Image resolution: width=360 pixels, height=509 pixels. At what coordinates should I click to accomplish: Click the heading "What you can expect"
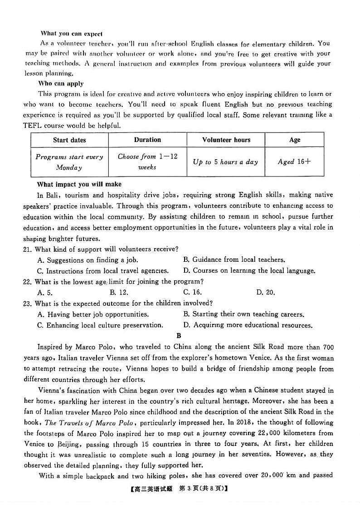pyautogui.click(x=72, y=33)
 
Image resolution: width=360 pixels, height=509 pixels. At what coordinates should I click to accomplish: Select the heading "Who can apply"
pyautogui.click(x=61, y=83)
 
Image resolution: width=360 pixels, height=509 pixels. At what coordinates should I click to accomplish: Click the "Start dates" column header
pyautogui.click(x=69, y=140)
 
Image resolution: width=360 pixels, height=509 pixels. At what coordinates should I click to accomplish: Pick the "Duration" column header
pyautogui.click(x=147, y=140)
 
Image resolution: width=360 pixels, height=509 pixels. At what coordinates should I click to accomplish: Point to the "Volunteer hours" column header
pyautogui.click(x=226, y=140)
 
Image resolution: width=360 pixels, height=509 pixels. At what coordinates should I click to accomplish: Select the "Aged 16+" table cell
pyautogui.click(x=294, y=162)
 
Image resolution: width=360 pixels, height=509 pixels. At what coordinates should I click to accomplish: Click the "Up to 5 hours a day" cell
pyautogui.click(x=225, y=162)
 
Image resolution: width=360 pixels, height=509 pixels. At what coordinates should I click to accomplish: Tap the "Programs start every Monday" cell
pyautogui.click(x=69, y=162)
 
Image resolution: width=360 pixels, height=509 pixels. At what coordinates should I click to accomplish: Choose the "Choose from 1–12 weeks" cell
pyautogui.click(x=147, y=162)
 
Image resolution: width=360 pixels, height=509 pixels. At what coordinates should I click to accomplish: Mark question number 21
pyautogui.click(x=27, y=249)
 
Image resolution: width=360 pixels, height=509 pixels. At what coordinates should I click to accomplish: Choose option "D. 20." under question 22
pyautogui.click(x=265, y=292)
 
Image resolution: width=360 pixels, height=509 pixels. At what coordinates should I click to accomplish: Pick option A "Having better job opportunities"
pyautogui.click(x=93, y=314)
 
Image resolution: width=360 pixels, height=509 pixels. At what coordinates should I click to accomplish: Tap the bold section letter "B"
pyautogui.click(x=179, y=336)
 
